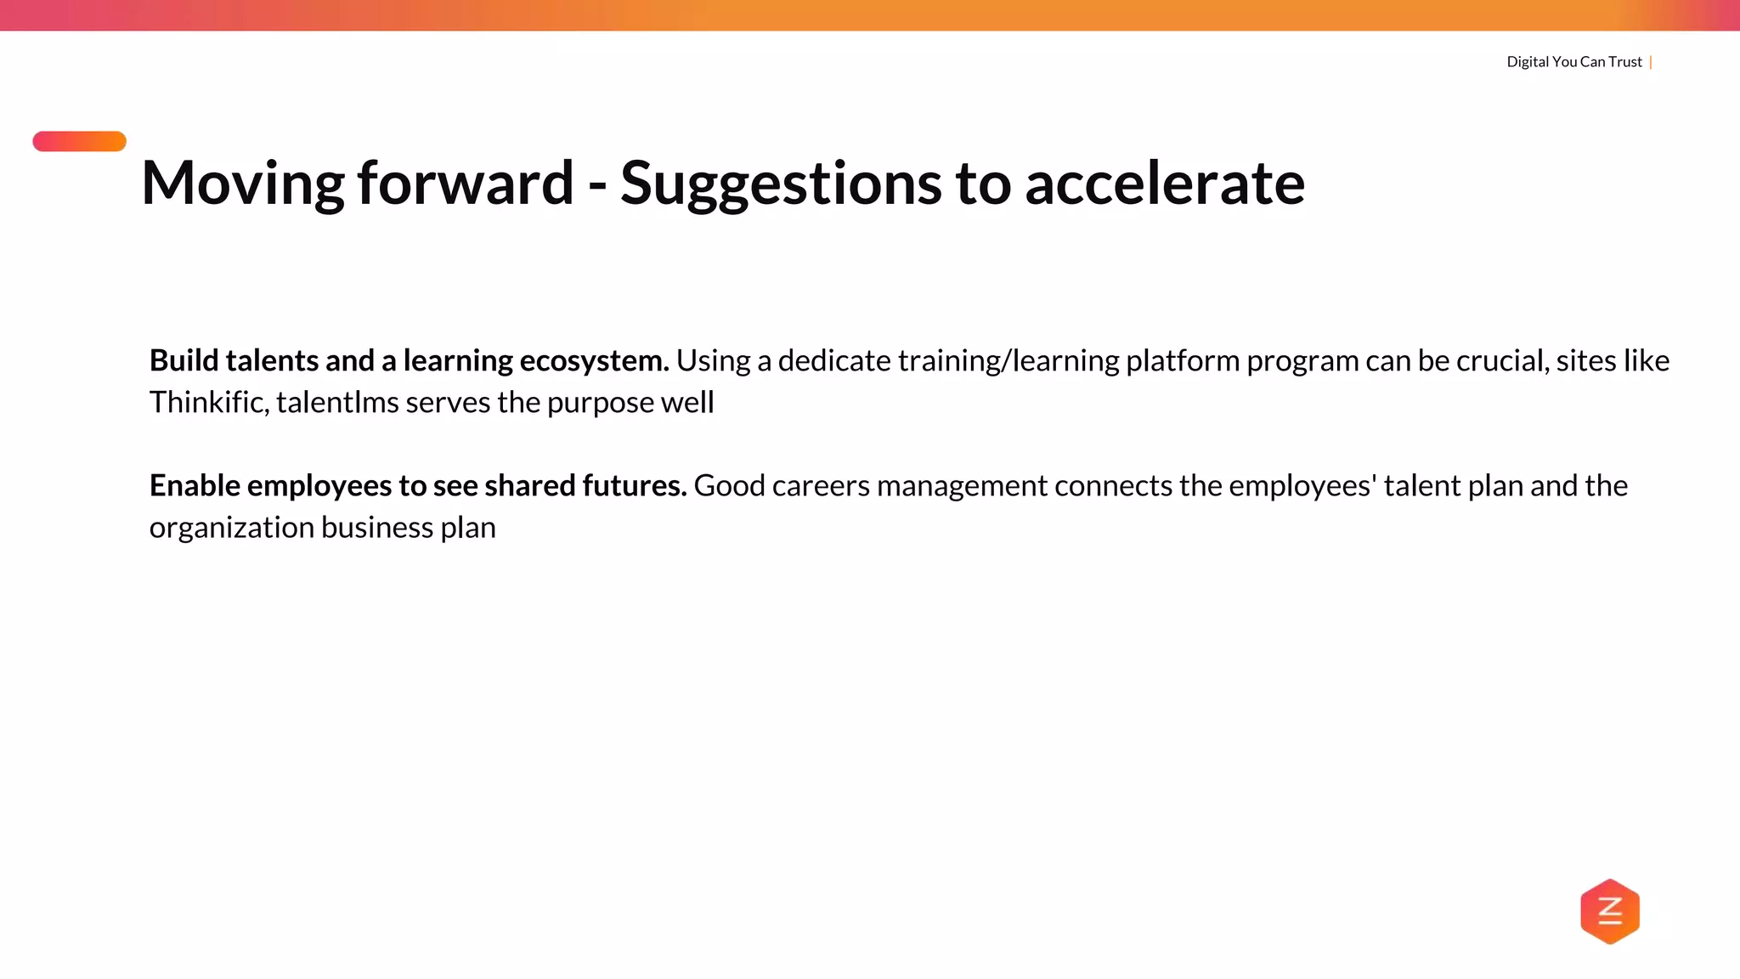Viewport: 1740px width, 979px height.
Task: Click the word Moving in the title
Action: (x=242, y=184)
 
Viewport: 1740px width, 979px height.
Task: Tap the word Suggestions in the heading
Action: (x=780, y=184)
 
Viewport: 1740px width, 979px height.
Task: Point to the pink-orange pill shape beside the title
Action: (x=79, y=141)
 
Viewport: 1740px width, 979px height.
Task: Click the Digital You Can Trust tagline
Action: (x=1573, y=62)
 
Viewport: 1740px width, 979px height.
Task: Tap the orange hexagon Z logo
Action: (x=1609, y=911)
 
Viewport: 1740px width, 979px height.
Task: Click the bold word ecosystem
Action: (x=594, y=361)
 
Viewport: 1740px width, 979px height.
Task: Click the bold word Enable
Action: (x=195, y=486)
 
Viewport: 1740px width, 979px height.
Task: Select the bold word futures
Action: (x=634, y=486)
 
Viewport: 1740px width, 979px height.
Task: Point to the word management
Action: (x=962, y=486)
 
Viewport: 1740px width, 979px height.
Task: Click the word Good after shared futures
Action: (x=729, y=486)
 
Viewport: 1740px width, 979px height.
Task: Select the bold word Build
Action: (x=184, y=361)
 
